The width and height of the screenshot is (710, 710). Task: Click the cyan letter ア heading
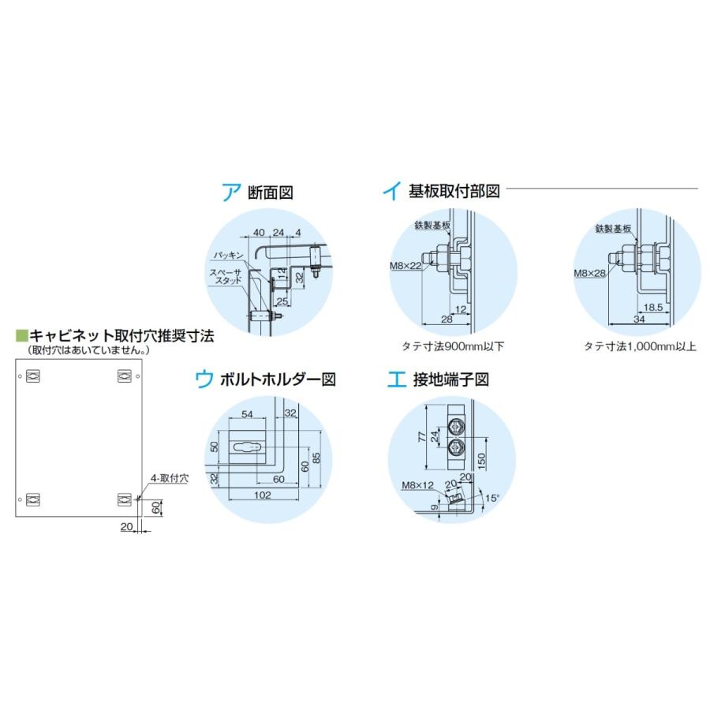(x=230, y=192)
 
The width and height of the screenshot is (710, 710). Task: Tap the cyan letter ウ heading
(x=204, y=379)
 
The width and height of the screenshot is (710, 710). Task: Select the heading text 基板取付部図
(x=454, y=192)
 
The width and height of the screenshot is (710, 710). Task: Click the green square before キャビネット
(x=21, y=334)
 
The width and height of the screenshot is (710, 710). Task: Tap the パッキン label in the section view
(x=227, y=256)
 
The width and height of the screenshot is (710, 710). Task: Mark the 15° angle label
(x=491, y=498)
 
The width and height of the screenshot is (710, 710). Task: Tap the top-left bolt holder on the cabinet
(x=32, y=377)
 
